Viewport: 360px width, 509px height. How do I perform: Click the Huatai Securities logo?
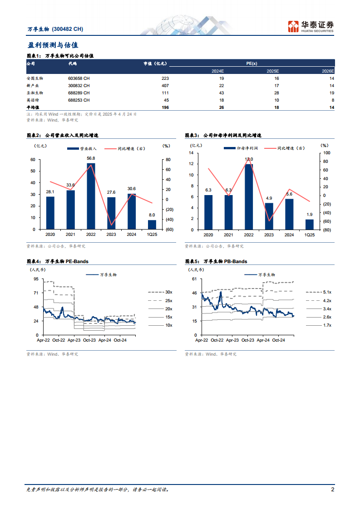311,26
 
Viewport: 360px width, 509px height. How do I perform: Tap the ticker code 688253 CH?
79,100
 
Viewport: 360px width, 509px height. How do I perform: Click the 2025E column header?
273,71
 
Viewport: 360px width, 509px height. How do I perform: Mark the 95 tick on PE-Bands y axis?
36,279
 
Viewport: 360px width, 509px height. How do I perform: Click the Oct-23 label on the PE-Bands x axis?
89,340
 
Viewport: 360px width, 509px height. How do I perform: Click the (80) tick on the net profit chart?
326,230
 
